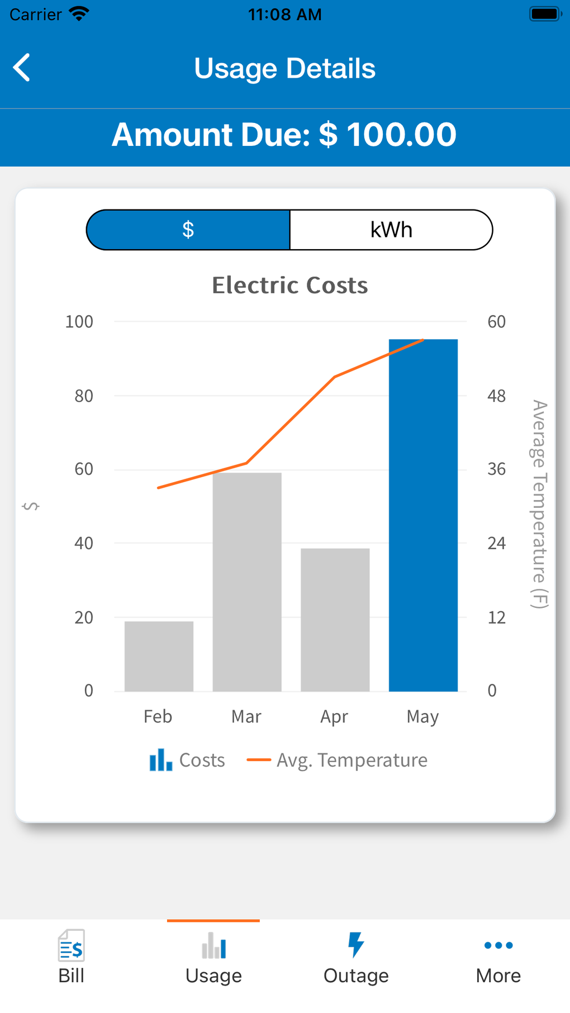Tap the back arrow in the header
click(x=22, y=68)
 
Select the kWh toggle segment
click(x=391, y=230)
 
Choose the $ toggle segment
click(x=188, y=230)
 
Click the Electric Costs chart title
click(x=289, y=286)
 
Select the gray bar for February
click(x=159, y=656)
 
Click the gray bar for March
click(x=247, y=582)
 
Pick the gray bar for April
click(x=335, y=620)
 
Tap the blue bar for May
click(x=423, y=515)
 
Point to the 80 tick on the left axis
click(x=84, y=396)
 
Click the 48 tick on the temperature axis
click(x=496, y=396)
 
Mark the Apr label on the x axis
click(x=334, y=716)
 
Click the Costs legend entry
click(x=187, y=760)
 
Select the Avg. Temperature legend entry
click(x=338, y=760)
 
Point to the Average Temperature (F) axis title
click(x=539, y=503)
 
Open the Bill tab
click(x=71, y=957)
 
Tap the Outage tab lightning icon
click(x=356, y=945)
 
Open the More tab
click(x=498, y=957)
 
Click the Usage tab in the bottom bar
click(x=213, y=957)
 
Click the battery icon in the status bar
click(x=544, y=14)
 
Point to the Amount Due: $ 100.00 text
click(x=284, y=135)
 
